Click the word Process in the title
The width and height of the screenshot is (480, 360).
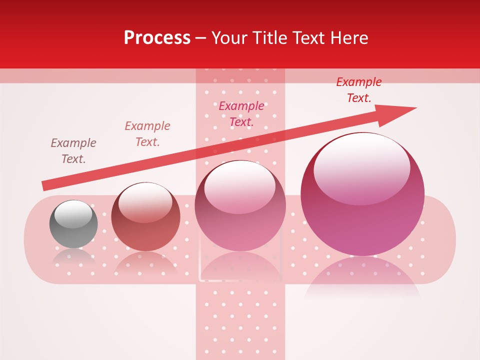(157, 38)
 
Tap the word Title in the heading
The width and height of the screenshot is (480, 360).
(268, 38)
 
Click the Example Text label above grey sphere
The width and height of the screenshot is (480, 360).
(73, 151)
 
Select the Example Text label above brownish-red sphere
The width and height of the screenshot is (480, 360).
(147, 134)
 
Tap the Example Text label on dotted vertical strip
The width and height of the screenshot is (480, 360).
(241, 114)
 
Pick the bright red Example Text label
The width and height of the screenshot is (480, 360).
(359, 90)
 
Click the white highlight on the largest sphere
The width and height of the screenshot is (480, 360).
(361, 167)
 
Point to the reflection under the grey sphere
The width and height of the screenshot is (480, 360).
(73, 257)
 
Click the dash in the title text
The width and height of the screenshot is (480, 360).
(200, 38)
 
